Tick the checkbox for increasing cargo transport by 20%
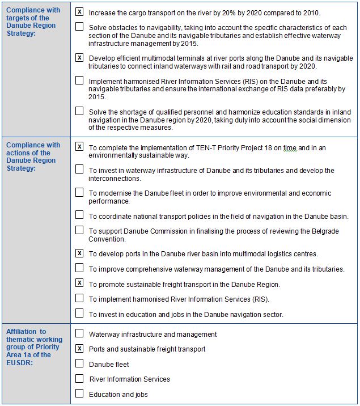(79, 11)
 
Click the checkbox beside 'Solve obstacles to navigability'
(79, 27)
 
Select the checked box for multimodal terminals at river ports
(79, 57)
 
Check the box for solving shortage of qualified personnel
(79, 111)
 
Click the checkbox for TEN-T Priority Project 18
(79, 146)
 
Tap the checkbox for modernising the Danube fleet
(79, 193)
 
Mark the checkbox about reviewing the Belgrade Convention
(79, 230)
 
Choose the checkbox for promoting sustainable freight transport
(79, 283)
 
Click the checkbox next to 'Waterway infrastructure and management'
(79, 333)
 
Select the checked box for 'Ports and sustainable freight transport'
(79, 348)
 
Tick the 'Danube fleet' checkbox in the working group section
(79, 363)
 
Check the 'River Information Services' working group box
(79, 378)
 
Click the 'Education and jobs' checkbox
(79, 393)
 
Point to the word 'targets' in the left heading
(19, 18)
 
